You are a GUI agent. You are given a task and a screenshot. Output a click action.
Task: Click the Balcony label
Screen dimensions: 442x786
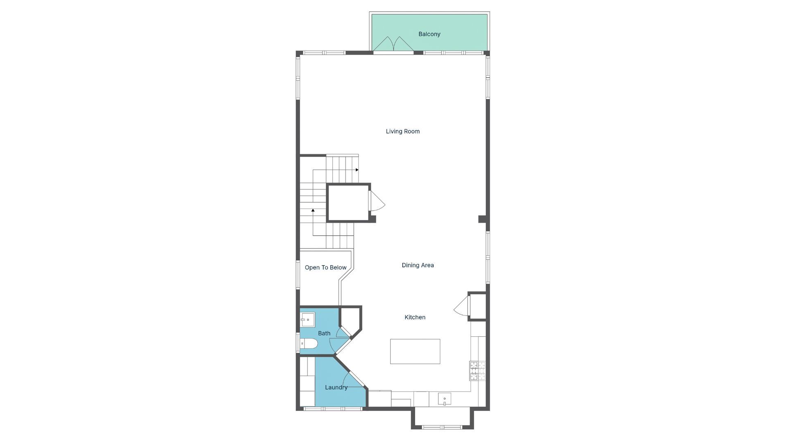click(429, 34)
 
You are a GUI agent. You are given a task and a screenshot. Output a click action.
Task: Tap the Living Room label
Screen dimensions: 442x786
click(402, 131)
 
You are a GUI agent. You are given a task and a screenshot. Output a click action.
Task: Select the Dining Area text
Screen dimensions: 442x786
click(418, 265)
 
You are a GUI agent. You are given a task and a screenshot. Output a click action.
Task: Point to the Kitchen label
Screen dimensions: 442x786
click(415, 317)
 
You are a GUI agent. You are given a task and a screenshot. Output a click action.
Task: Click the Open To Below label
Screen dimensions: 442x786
click(325, 268)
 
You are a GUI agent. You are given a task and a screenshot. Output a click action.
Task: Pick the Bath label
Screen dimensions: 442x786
click(324, 334)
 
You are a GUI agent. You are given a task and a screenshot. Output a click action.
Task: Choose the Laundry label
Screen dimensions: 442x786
click(336, 387)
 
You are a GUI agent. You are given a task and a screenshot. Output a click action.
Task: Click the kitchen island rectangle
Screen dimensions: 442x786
click(415, 351)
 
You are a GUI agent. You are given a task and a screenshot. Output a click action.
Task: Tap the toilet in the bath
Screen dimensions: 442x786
click(309, 343)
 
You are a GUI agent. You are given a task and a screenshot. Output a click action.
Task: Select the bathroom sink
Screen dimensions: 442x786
click(307, 320)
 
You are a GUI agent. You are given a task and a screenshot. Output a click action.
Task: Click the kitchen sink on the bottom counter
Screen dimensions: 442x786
click(444, 399)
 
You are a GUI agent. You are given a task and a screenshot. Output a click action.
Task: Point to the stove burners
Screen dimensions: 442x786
click(477, 371)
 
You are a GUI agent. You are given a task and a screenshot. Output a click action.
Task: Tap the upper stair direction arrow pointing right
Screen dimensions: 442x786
click(357, 170)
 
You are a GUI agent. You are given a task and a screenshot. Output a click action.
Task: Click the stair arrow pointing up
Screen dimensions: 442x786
click(313, 210)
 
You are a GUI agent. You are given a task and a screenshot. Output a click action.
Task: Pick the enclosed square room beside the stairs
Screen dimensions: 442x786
click(348, 203)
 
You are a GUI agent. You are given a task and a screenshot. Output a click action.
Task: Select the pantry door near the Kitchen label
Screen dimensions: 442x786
click(462, 306)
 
